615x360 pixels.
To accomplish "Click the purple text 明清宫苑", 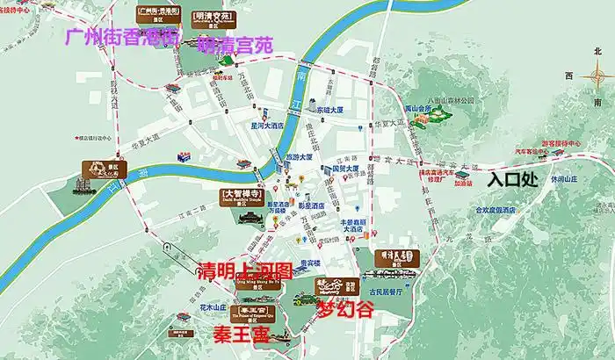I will coord(235,43).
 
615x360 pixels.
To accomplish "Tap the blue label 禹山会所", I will coord(420,110).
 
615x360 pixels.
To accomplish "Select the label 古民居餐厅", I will coord(387,291).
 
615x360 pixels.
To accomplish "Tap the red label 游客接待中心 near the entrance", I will coord(561,143).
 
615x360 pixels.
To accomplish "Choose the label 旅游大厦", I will coord(300,155).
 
